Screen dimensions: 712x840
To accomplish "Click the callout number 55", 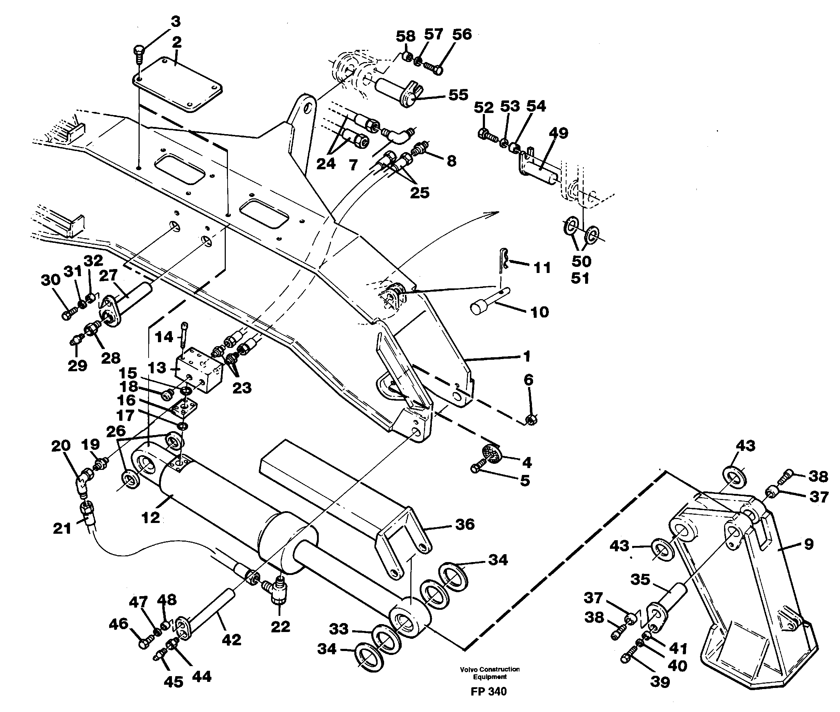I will coord(458,95).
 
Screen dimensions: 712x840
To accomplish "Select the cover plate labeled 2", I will coord(178,85).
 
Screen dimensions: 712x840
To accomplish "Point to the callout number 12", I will coord(151,518).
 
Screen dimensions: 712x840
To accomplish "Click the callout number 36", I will coord(465,524).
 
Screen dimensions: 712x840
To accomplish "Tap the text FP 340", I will coord(488,692).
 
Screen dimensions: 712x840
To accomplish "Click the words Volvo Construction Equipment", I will coord(490,673).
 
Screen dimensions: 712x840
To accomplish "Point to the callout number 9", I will coord(808,544).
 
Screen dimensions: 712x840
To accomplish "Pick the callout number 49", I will coord(559,133).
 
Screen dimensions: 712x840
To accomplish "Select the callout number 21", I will coord(62,528).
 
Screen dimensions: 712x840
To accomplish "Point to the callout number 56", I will coord(462,34).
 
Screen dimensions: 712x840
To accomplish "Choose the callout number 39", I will coord(660,682).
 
